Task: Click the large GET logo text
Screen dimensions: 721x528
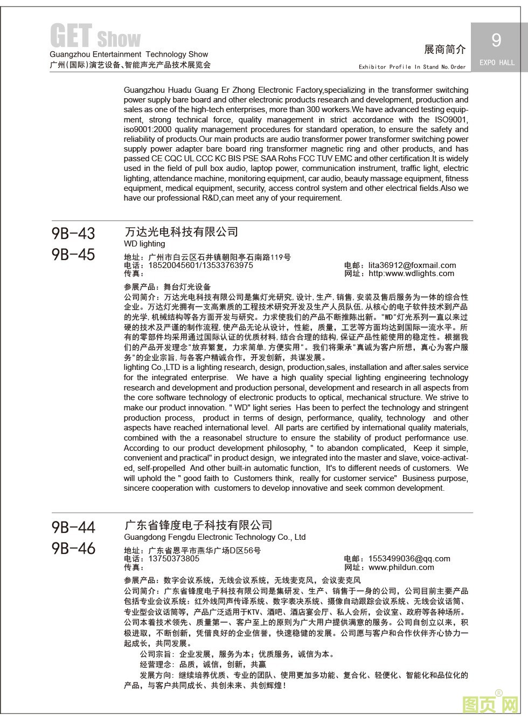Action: tap(71, 36)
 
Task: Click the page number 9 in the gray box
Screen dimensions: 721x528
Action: tap(496, 40)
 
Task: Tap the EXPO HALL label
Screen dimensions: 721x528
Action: tap(497, 63)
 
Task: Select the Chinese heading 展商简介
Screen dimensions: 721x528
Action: tap(444, 50)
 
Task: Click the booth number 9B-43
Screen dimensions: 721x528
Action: tap(73, 234)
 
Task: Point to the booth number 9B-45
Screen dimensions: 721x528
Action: tap(73, 255)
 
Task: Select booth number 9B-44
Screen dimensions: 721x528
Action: tap(73, 527)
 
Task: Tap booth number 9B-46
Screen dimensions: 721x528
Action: tap(73, 548)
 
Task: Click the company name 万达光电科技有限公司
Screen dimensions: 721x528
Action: tap(181, 232)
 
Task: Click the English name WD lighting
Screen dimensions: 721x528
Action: tap(144, 244)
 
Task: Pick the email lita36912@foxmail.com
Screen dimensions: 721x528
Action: tap(412, 265)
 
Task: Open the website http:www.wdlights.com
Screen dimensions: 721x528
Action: tap(411, 273)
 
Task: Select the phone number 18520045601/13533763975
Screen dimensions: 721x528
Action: tap(200, 265)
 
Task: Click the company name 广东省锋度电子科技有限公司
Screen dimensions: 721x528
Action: tap(198, 525)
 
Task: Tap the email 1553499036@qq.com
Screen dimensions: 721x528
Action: tap(409, 559)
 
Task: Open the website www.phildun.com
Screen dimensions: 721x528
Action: tap(401, 567)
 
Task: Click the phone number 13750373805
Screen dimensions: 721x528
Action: tap(173, 559)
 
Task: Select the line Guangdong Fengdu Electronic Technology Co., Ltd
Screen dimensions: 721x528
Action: tap(214, 537)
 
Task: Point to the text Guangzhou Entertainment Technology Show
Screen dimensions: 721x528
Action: tap(129, 54)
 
